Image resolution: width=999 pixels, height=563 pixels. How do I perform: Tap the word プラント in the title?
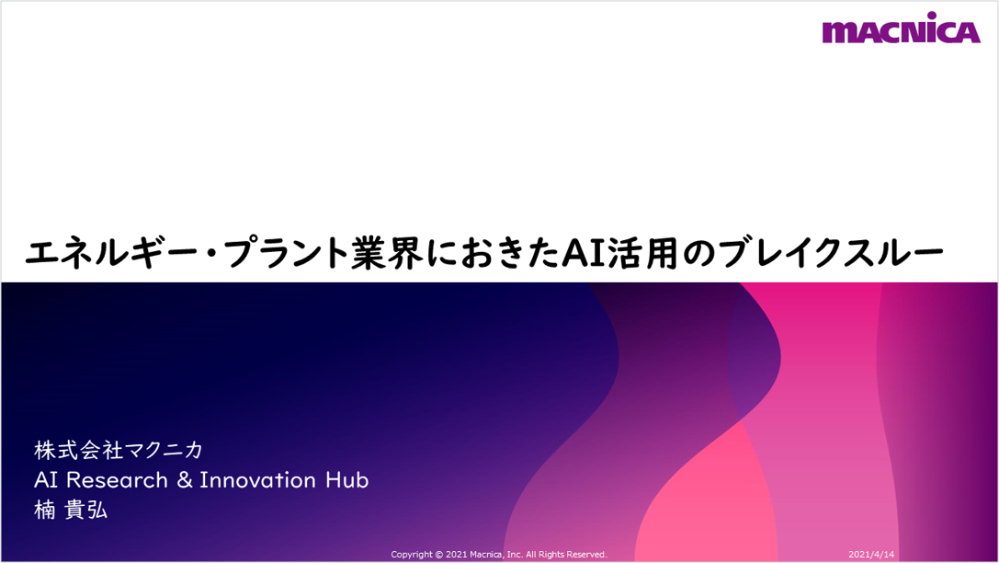pos(288,253)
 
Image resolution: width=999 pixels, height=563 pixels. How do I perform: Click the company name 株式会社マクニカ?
pos(119,450)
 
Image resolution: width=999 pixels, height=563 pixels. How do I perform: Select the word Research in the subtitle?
pos(118,480)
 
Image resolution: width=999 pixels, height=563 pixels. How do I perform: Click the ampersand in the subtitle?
pos(184,480)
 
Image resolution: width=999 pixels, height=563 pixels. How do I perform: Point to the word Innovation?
pos(258,480)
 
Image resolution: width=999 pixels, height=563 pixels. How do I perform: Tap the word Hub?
pos(346,480)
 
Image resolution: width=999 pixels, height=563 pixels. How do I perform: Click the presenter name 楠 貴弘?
pos(71,510)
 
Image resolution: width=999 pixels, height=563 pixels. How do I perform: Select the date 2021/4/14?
pos(871,554)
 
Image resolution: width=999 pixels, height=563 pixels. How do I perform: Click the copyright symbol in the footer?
pos(439,555)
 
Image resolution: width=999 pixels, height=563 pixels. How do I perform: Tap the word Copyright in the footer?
pos(412,555)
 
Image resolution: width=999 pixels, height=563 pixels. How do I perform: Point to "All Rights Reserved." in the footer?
pos(566,555)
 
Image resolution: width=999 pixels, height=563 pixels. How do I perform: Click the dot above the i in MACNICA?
pos(932,16)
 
